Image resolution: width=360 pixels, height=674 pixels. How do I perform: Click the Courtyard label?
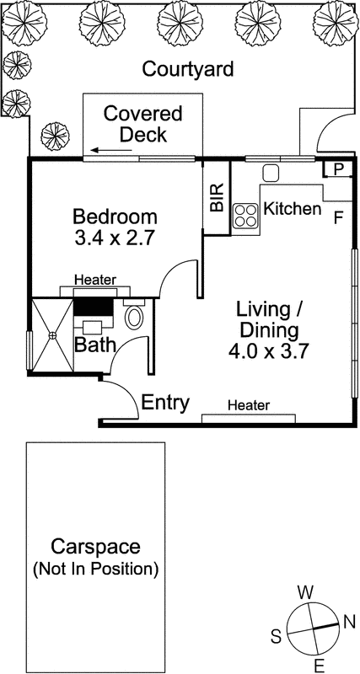pos(187,69)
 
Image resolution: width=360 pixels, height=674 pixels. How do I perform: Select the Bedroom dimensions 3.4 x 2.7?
pos(114,238)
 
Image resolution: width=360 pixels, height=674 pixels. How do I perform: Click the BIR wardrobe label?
pos(217,197)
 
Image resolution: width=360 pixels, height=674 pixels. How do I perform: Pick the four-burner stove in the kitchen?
pos(246,216)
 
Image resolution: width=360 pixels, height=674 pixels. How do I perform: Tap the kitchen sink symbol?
pos(271,174)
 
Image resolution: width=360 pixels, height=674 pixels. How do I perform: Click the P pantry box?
pos(337,169)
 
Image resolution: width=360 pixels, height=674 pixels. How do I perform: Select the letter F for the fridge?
pos(338,218)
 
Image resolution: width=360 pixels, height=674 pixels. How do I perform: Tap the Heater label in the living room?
pos(249,406)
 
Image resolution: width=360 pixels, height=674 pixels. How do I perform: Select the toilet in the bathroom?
pos(134,317)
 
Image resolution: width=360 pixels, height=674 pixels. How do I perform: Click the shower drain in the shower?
pos(52,334)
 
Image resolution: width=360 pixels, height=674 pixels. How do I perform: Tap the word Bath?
pos(91,345)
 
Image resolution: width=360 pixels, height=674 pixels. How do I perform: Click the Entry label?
pos(164,402)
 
